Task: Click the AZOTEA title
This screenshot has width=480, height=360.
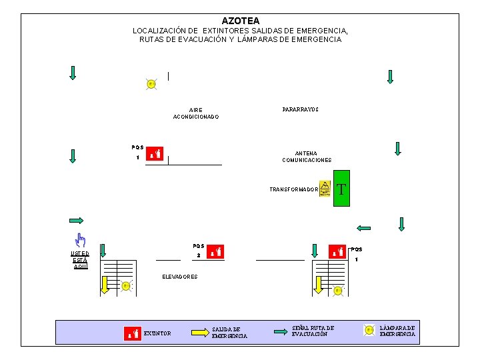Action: coord(241,21)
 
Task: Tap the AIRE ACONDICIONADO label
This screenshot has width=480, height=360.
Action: coord(195,113)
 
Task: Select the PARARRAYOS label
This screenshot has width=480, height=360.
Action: coord(300,109)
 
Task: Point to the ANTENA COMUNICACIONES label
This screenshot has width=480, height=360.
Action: coord(307,157)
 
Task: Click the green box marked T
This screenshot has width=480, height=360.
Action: coord(341,190)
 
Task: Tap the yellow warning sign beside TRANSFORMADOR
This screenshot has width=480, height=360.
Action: coord(325,189)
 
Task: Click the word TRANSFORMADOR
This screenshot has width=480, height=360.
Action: coord(293,190)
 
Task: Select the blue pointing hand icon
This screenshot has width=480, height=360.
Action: coord(80,240)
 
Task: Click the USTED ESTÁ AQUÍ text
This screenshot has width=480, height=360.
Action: coord(80,259)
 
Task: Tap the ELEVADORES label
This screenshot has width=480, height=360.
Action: coord(180,277)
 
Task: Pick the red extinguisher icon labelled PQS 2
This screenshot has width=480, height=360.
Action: coord(215,252)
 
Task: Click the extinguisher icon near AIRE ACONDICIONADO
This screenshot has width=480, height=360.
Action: coord(154,154)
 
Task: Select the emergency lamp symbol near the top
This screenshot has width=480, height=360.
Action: coord(151,84)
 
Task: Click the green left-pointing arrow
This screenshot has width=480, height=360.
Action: coord(363,228)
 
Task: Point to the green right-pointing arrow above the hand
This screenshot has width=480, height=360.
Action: coord(75,221)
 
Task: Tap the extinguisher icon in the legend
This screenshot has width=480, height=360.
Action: coord(133,332)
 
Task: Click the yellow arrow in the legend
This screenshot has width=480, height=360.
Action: coord(199,331)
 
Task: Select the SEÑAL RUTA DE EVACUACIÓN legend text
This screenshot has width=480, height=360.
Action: coord(313,331)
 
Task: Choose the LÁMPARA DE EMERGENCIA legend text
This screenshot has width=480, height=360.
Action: coord(397,331)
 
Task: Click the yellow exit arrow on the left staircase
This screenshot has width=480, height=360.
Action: coord(105,285)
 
